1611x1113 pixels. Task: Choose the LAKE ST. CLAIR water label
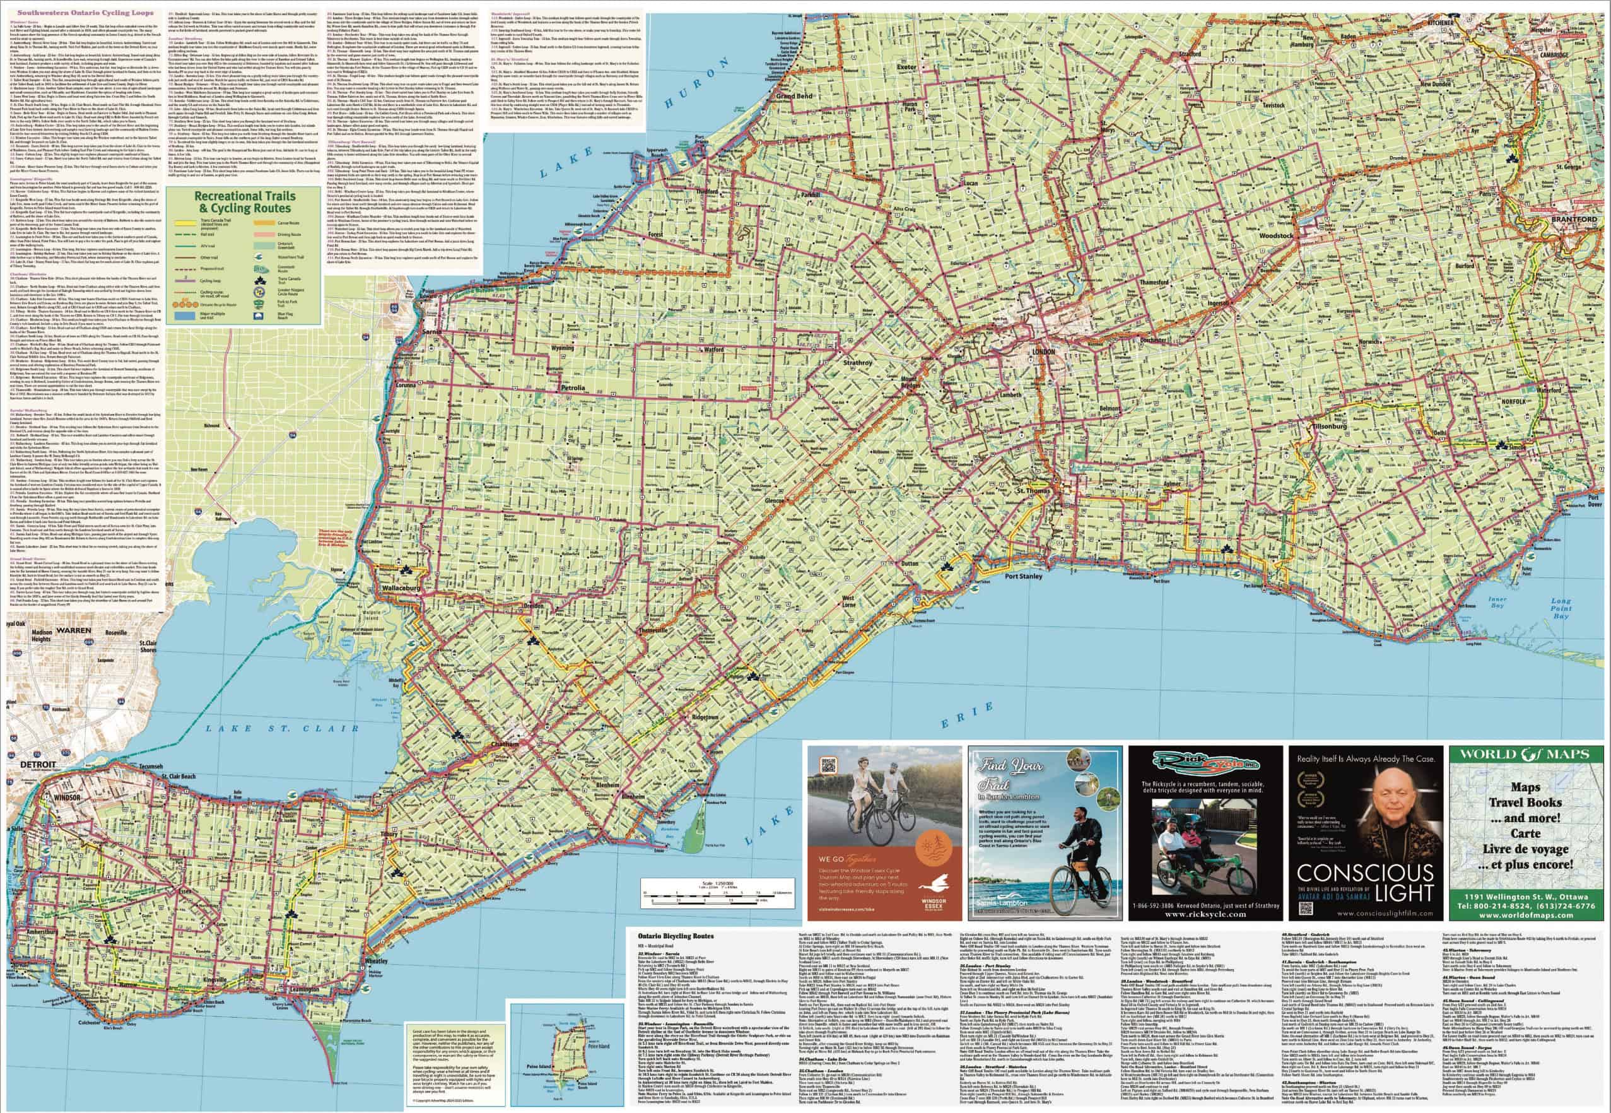(283, 728)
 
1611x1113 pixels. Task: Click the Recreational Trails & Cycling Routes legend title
(244, 201)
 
